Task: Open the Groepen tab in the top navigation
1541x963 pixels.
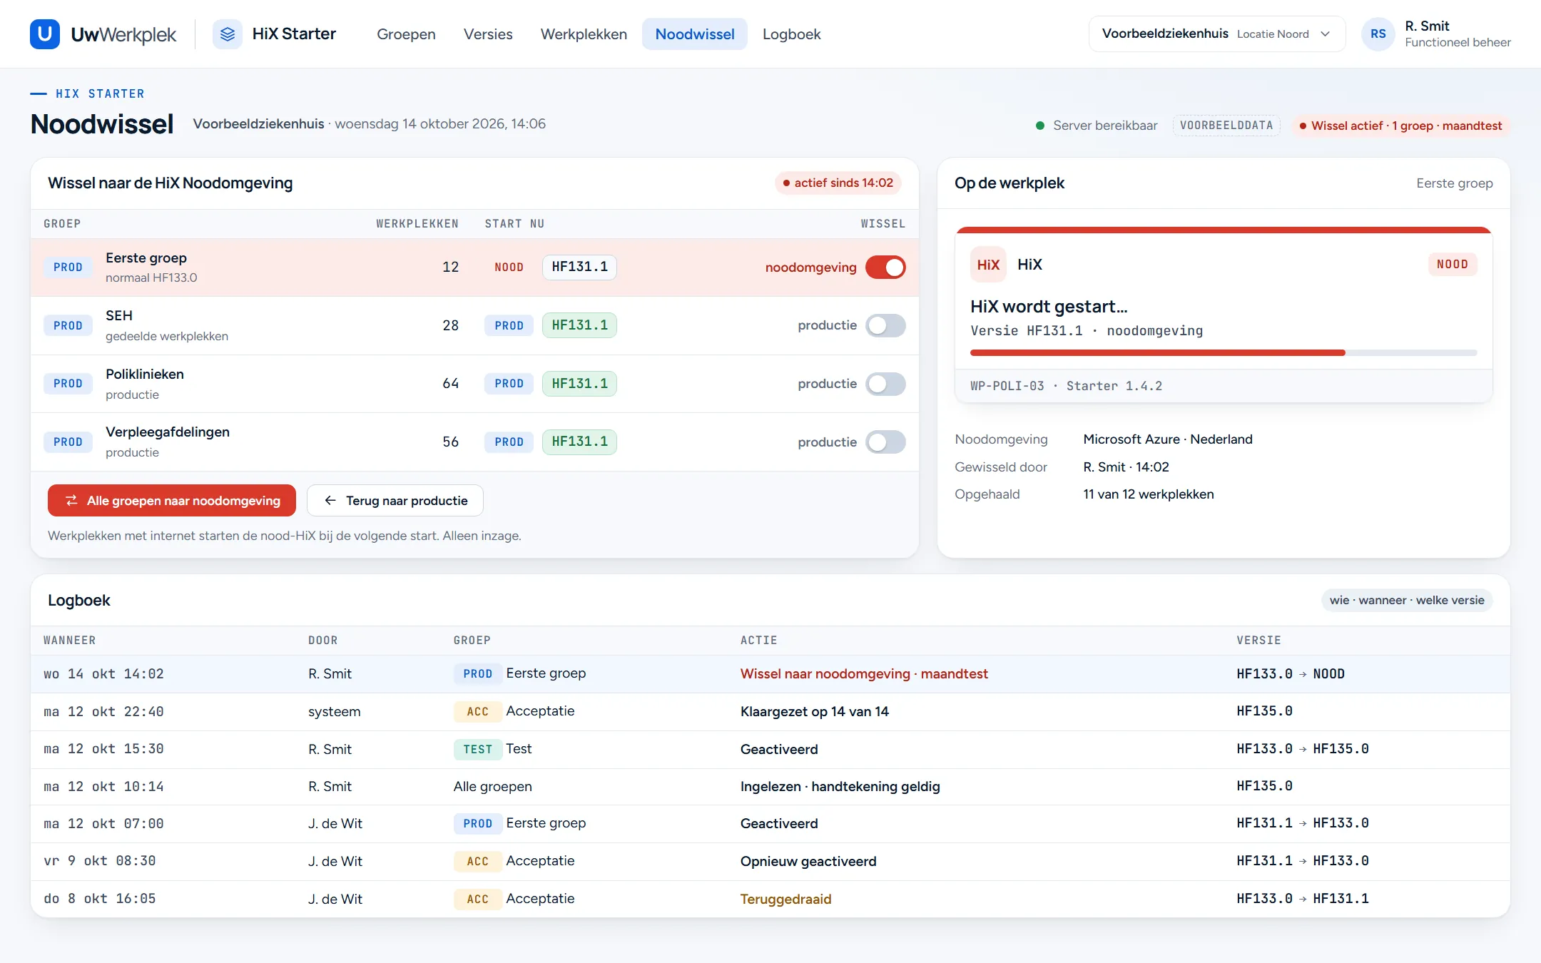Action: (x=406, y=34)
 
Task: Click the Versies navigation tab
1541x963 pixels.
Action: (x=488, y=34)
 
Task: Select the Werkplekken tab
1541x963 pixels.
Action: (x=584, y=34)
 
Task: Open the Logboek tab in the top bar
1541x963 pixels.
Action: (x=791, y=34)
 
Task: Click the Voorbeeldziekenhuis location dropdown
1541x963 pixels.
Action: (x=1216, y=34)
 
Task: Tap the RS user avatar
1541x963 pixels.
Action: (x=1378, y=34)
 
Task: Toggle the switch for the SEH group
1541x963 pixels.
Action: (x=885, y=325)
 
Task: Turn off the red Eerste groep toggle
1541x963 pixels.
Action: (x=885, y=267)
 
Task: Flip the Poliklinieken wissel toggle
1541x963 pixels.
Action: (x=885, y=384)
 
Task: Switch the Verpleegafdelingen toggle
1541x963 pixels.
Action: (x=885, y=442)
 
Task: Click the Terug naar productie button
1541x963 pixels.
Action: (x=395, y=501)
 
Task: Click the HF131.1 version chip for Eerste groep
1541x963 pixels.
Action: (x=579, y=267)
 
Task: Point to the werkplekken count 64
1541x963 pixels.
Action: (x=450, y=384)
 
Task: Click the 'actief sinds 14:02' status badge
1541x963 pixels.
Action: (x=838, y=183)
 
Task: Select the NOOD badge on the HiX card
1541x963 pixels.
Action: (x=1453, y=265)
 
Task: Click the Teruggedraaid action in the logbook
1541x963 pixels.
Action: (x=785, y=899)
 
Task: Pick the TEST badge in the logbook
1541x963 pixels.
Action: (x=477, y=749)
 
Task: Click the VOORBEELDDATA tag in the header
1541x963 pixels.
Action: (x=1226, y=126)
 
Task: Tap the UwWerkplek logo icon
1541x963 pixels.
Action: (x=44, y=34)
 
